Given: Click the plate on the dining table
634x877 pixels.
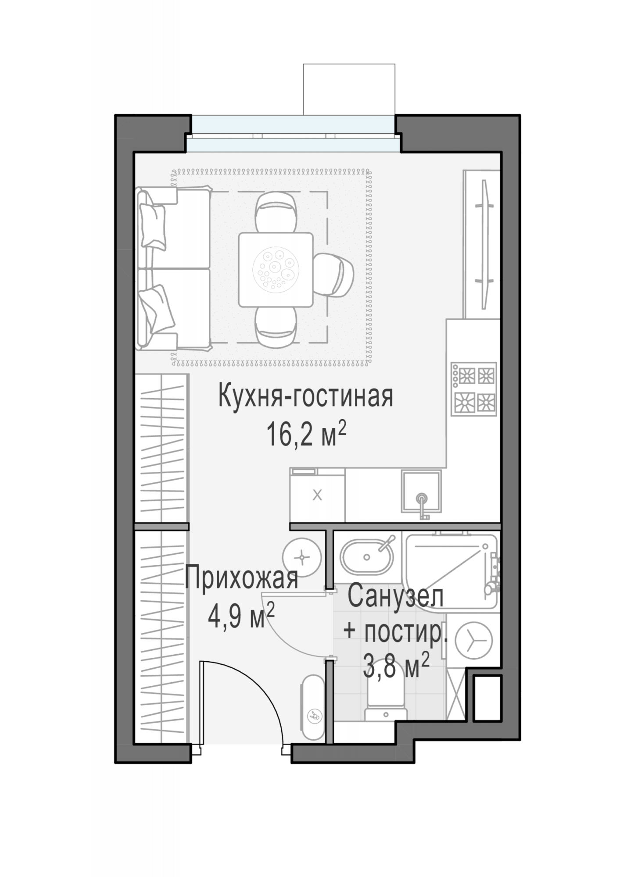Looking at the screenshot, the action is click(276, 269).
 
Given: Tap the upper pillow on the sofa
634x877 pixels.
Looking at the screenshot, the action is click(153, 227).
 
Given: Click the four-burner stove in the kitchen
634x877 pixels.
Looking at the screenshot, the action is click(474, 389).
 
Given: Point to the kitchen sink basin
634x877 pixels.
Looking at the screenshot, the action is click(421, 491).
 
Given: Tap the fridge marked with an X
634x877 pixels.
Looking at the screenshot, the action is click(317, 495).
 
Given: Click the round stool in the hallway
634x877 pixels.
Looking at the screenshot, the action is click(302, 558).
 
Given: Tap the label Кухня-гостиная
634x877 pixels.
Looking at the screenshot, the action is click(306, 396).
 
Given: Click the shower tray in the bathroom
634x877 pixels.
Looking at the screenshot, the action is click(451, 570).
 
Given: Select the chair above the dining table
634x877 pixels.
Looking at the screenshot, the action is click(276, 213).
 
